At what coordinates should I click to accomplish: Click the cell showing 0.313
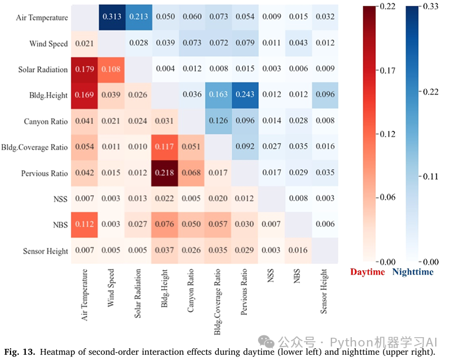point(111,18)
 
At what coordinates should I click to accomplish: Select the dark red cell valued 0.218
point(165,173)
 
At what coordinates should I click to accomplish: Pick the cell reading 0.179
point(84,69)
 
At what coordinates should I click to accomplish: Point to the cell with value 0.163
point(218,95)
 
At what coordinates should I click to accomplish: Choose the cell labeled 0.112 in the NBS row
point(84,225)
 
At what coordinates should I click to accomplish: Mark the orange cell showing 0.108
point(111,69)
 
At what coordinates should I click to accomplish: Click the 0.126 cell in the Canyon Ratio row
point(218,121)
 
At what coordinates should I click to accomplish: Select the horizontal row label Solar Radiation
point(43,70)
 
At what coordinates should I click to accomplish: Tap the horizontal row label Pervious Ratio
point(44,174)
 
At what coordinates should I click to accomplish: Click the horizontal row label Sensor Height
point(45,251)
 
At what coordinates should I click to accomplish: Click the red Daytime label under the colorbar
point(367,272)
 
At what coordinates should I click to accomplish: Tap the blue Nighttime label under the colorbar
point(413,272)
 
